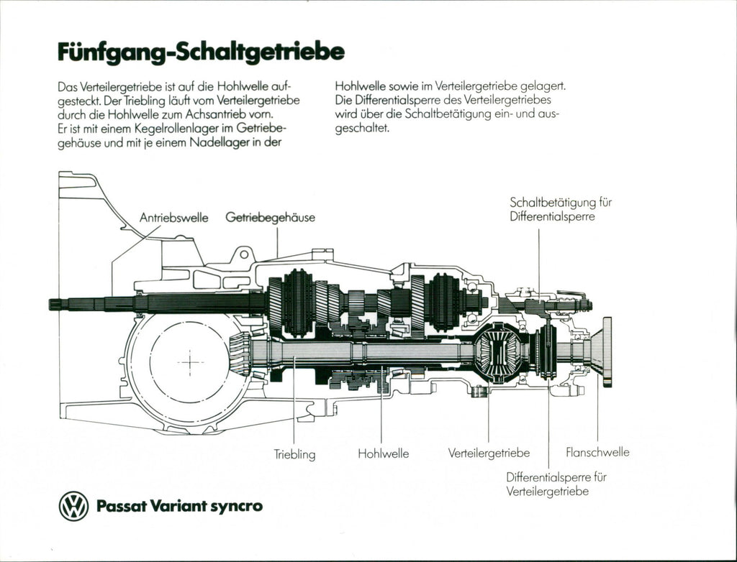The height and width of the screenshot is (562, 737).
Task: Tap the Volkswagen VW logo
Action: (73, 506)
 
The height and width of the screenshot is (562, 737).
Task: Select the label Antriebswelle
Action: (173, 217)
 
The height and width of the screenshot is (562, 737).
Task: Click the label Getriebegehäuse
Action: (271, 217)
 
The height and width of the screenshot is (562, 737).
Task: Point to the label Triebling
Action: (294, 454)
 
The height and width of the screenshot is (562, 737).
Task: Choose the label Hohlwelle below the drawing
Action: (383, 453)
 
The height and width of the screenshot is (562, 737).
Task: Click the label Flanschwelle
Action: (597, 452)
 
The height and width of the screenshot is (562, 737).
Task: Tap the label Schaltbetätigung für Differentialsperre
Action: (560, 209)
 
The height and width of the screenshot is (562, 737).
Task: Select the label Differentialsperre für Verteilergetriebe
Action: (556, 484)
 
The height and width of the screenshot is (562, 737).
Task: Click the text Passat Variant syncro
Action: (179, 506)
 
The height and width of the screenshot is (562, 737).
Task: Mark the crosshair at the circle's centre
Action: (190, 362)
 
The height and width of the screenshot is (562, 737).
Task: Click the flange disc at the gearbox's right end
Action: (607, 352)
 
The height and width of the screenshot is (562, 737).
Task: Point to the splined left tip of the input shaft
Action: (55, 304)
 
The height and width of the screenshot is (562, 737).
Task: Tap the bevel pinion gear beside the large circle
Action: (240, 354)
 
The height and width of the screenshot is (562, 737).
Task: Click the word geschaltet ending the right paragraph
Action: (362, 128)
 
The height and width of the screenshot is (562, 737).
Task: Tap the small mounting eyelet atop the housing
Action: (243, 254)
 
